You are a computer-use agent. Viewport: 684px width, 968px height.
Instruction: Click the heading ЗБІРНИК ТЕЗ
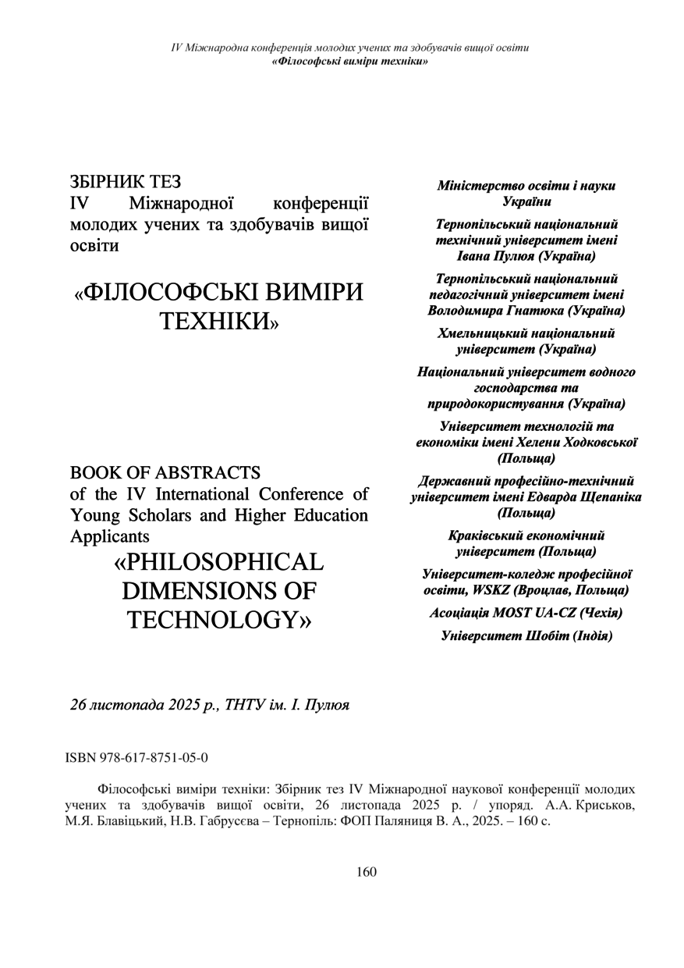pos(126,183)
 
